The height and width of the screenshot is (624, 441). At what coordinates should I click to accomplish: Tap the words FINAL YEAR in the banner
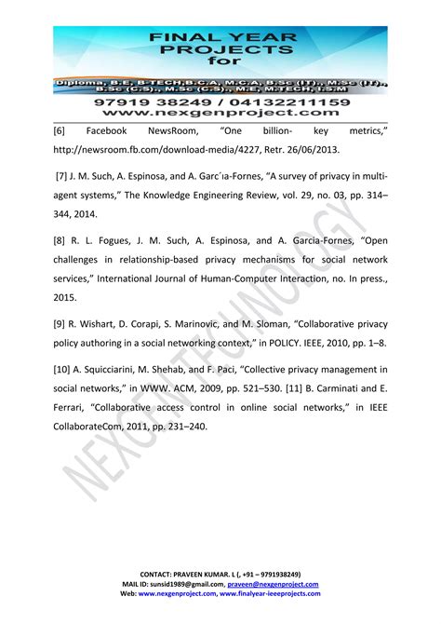click(220, 37)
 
